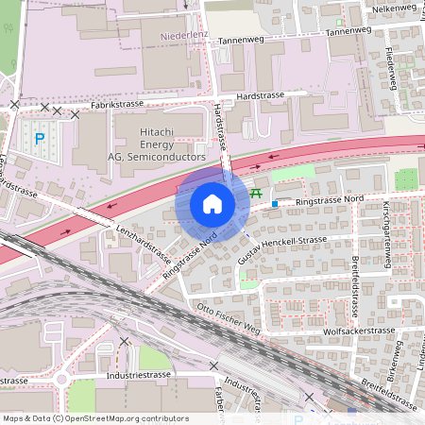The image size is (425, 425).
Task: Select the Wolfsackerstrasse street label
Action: pos(355,332)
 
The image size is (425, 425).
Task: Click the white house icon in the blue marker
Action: pos(212,203)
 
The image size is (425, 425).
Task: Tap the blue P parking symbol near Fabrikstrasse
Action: pos(40,139)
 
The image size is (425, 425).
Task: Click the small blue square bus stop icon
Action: pos(275,203)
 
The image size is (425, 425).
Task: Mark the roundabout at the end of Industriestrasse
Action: pos(62,380)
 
